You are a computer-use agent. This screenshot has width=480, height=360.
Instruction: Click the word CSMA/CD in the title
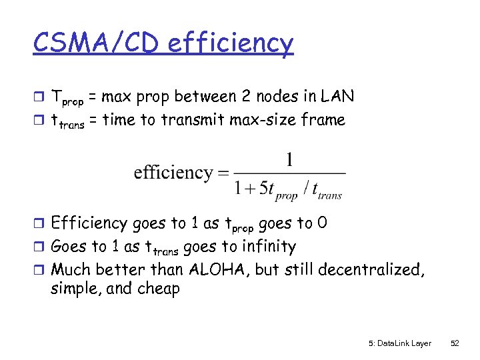[98, 44]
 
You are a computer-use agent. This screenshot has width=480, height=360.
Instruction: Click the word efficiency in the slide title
[231, 44]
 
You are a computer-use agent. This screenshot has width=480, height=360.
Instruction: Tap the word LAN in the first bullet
[337, 97]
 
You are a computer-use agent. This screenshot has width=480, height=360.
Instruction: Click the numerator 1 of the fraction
[289, 161]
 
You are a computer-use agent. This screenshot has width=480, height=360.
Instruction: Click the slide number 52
[455, 343]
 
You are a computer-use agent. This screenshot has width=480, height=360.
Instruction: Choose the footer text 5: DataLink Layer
[399, 343]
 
